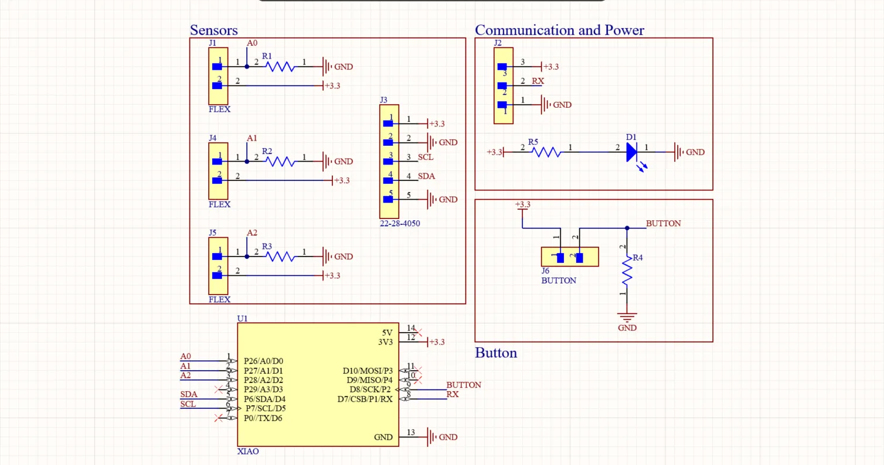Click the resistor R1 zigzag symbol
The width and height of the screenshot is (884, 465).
(280, 67)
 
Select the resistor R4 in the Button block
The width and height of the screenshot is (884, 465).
(627, 272)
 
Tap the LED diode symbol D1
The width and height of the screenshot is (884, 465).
(631, 152)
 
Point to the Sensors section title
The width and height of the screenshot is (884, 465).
(213, 30)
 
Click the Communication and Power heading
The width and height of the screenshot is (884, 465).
(559, 30)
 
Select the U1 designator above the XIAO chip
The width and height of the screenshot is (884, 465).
(242, 319)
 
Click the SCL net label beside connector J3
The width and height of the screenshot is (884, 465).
(426, 158)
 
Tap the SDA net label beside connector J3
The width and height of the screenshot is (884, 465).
(426, 176)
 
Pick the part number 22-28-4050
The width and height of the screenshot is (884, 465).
(400, 224)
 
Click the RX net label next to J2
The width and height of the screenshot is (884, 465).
(538, 81)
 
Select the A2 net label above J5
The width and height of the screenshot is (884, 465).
(251, 232)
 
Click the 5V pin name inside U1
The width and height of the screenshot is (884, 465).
(387, 333)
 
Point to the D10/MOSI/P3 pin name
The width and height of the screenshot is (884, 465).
(368, 371)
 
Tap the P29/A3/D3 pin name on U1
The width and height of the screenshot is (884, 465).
(263, 389)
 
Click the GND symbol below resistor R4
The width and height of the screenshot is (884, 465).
(627, 320)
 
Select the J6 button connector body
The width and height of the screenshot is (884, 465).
(570, 257)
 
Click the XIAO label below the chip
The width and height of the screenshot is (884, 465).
(247, 452)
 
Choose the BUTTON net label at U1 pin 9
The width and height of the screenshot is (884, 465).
(464, 385)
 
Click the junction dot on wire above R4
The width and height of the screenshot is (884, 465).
(627, 228)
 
